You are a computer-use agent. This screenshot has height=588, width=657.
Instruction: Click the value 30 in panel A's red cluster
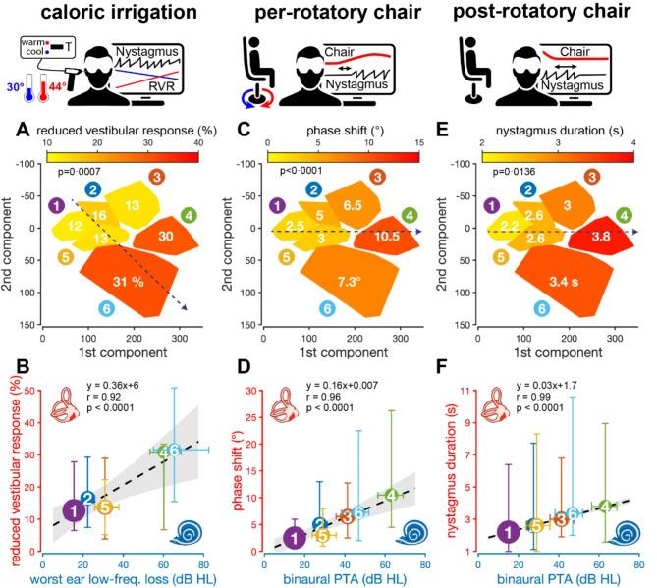(166, 236)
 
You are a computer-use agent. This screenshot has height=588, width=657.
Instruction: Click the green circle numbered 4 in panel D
(391, 495)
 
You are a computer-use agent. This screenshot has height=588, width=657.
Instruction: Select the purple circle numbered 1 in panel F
(508, 531)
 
